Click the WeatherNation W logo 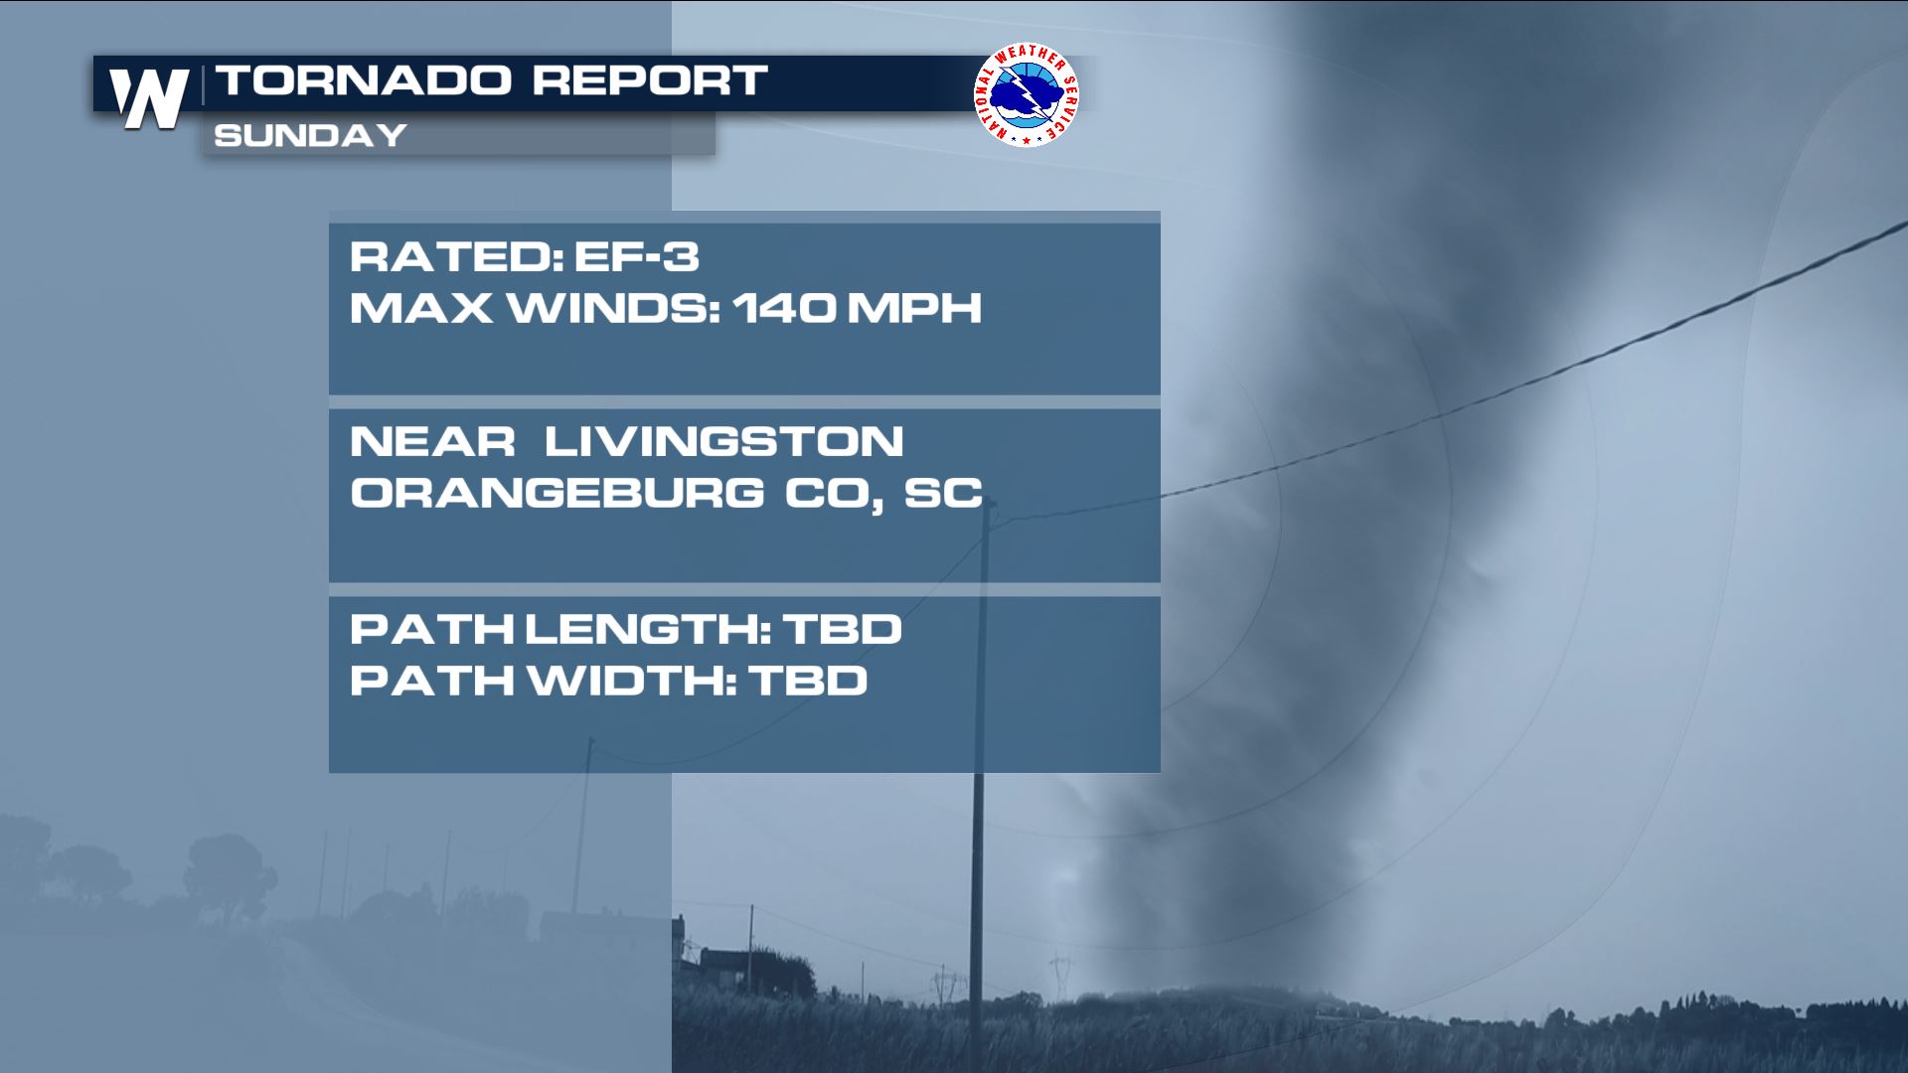[x=149, y=98]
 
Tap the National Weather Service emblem [x=1027, y=94]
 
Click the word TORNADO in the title [x=364, y=80]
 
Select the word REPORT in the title [x=650, y=80]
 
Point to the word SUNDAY [x=310, y=135]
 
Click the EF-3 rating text [x=637, y=257]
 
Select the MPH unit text [x=914, y=308]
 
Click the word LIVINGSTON [x=723, y=442]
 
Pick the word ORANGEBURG [x=557, y=493]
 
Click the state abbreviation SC [x=943, y=493]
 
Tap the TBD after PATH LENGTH [x=843, y=629]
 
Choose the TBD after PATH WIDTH [x=809, y=681]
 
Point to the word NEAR [x=432, y=442]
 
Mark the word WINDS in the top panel [x=614, y=308]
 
